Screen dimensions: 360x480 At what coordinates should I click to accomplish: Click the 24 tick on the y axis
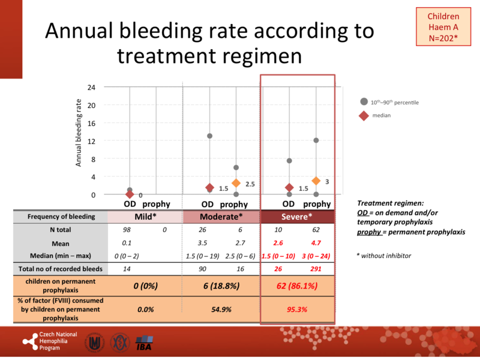point(91,87)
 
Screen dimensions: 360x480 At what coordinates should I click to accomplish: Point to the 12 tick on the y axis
point(91,141)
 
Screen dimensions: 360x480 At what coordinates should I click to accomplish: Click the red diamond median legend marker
point(364,116)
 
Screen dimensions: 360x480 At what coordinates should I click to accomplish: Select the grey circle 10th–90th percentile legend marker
point(364,102)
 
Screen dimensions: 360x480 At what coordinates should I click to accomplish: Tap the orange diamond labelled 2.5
point(236,183)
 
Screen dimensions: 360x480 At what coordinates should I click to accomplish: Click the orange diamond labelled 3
point(316,181)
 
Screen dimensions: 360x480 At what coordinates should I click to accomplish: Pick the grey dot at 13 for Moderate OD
point(209,136)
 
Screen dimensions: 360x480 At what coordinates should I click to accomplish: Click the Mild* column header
point(145,216)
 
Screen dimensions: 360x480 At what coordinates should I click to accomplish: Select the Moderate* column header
point(221,216)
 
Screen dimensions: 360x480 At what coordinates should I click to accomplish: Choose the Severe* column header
point(297,216)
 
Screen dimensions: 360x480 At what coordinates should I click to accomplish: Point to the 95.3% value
point(298,309)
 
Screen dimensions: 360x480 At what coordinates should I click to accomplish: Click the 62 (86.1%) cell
point(297,286)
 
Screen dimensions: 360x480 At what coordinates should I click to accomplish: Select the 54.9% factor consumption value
point(221,309)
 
